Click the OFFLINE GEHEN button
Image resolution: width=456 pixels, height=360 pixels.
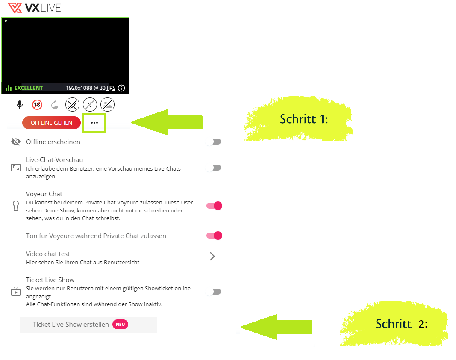point(51,123)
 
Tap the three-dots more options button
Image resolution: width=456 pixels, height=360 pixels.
point(94,123)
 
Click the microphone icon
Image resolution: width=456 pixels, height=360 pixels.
point(20,104)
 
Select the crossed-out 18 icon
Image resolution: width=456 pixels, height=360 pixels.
point(37,104)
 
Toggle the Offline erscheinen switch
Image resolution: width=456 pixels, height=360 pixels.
point(214,142)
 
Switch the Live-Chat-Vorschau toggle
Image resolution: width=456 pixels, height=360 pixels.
point(214,168)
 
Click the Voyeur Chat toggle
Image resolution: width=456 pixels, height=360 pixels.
point(215,206)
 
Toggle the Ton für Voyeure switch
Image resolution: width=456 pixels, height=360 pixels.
point(215,236)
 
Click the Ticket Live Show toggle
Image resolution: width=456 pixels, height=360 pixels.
point(214,292)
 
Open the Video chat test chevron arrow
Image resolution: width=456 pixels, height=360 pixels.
point(212,256)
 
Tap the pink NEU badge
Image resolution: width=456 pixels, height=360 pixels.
point(120,324)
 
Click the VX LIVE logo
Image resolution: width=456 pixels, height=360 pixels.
point(34,8)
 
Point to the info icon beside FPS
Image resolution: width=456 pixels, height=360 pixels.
point(121,88)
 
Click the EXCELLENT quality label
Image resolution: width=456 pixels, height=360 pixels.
point(29,88)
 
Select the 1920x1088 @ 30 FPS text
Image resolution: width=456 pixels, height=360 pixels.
point(91,88)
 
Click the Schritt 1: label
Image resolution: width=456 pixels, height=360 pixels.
point(304,119)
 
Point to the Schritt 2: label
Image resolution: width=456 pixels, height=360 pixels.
point(401,324)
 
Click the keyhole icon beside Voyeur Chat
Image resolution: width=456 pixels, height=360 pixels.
point(16,206)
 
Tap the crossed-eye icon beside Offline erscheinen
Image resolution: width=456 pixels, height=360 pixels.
point(16,142)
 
